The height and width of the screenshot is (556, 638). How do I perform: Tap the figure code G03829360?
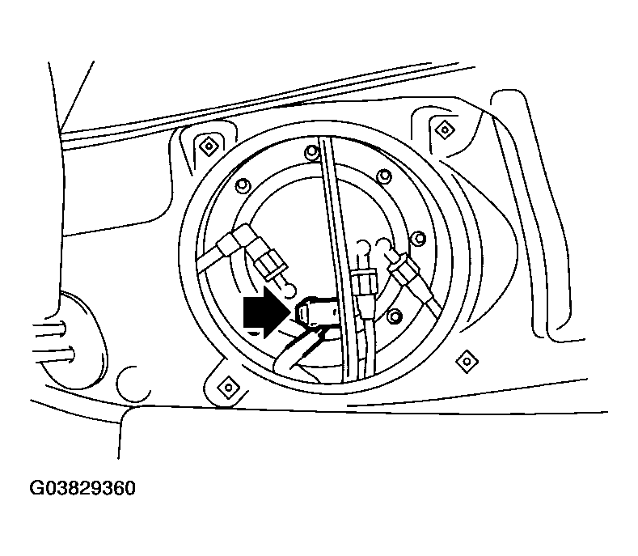click(x=82, y=490)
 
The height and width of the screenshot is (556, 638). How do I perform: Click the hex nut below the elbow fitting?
click(x=268, y=263)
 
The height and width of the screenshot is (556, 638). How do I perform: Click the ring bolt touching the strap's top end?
click(x=311, y=151)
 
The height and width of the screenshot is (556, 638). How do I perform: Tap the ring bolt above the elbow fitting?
click(x=240, y=187)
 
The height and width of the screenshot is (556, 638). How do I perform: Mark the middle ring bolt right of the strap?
click(x=417, y=239)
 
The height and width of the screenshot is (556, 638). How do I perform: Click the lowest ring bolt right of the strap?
click(x=394, y=316)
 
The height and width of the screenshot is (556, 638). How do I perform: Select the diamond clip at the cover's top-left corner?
click(x=209, y=146)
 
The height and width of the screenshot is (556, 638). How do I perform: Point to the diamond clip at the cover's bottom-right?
click(x=465, y=359)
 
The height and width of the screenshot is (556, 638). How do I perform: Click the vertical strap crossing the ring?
click(x=340, y=259)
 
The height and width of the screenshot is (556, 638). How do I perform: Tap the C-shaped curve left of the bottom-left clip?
click(x=129, y=384)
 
